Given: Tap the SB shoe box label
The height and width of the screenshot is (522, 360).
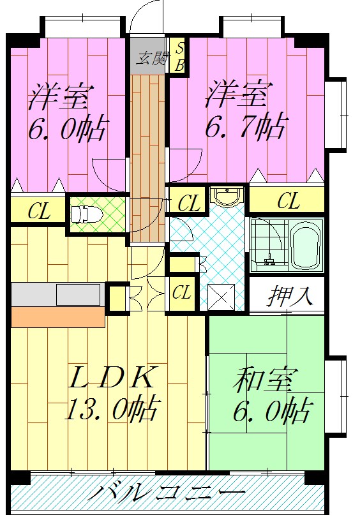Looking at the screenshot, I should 179,56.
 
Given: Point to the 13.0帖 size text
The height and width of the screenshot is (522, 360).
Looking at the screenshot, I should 112,408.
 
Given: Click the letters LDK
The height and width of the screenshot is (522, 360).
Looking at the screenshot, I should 112,378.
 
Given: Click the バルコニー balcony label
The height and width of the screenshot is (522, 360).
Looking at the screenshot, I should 167,493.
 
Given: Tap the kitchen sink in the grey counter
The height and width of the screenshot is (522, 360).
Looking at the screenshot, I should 79,295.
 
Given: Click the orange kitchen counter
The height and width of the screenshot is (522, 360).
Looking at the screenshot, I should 58,317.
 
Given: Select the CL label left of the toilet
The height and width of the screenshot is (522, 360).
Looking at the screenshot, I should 38,212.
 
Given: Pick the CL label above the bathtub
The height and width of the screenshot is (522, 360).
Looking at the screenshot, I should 288,202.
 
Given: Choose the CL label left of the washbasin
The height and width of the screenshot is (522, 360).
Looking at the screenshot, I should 188,204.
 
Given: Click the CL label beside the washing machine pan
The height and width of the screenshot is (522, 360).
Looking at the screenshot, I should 183,294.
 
